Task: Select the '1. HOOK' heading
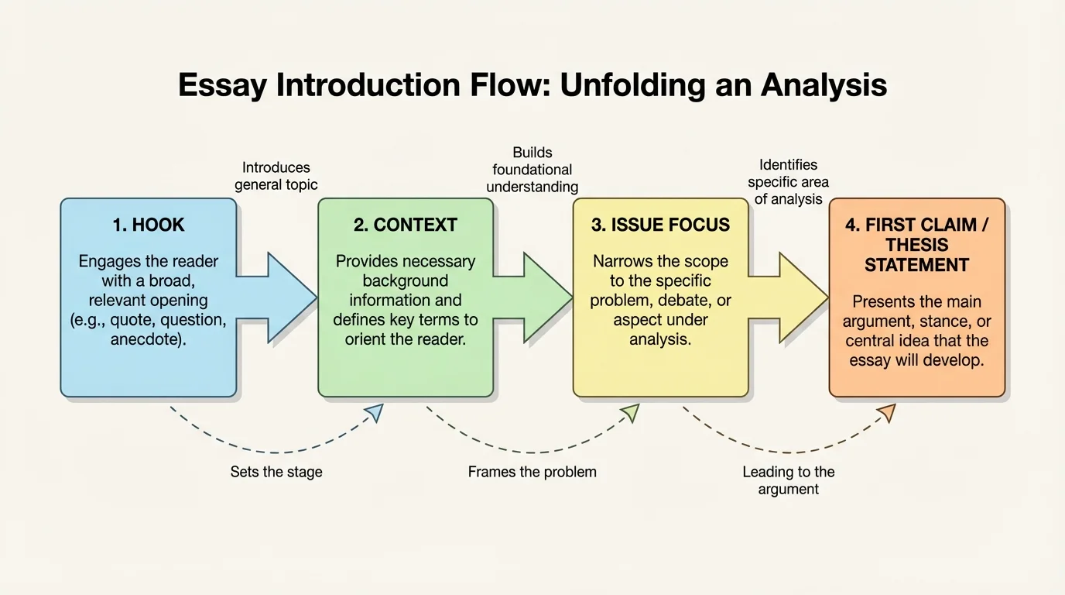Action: click(x=149, y=225)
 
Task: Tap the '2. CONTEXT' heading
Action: click(x=405, y=225)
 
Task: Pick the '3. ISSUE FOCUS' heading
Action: click(x=660, y=225)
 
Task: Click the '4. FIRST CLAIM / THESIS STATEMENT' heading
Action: click(x=916, y=245)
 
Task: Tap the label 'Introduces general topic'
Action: click(x=276, y=176)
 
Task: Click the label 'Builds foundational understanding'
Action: click(x=532, y=170)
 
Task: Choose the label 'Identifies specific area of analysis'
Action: click(x=788, y=182)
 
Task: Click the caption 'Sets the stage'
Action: click(x=276, y=472)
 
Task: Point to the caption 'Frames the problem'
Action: click(x=532, y=472)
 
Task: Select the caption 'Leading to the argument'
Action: click(x=788, y=480)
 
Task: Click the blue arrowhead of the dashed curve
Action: click(x=375, y=413)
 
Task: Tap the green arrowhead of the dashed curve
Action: click(x=631, y=413)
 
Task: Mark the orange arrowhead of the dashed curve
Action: click(x=887, y=413)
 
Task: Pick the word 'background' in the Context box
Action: click(x=405, y=280)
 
